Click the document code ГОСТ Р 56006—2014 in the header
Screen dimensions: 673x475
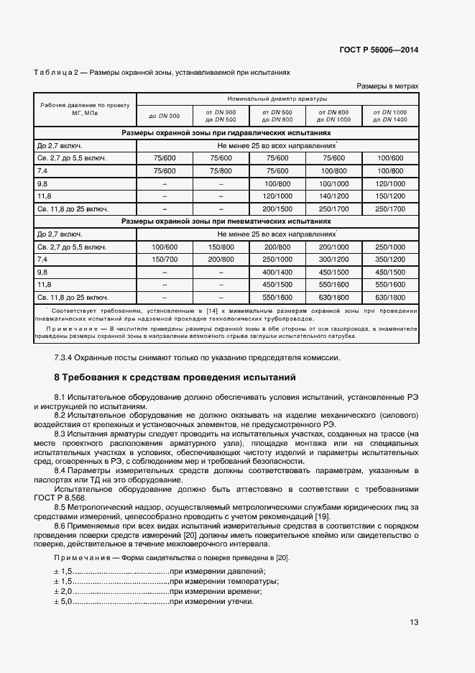point(378,50)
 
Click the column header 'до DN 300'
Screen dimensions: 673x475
point(165,116)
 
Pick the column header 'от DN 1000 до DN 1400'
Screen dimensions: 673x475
point(390,115)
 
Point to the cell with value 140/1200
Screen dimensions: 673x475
point(333,196)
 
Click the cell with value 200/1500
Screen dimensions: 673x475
point(277,209)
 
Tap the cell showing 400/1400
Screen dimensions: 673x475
point(277,273)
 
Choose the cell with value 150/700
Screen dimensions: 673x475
point(165,260)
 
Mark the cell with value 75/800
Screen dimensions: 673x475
point(221,170)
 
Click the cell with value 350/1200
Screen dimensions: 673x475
point(390,260)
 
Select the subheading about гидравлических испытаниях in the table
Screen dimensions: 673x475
point(226,133)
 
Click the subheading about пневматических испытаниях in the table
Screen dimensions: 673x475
point(226,221)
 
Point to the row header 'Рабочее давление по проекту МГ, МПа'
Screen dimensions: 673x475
point(80,109)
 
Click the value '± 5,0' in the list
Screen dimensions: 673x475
point(63,601)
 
